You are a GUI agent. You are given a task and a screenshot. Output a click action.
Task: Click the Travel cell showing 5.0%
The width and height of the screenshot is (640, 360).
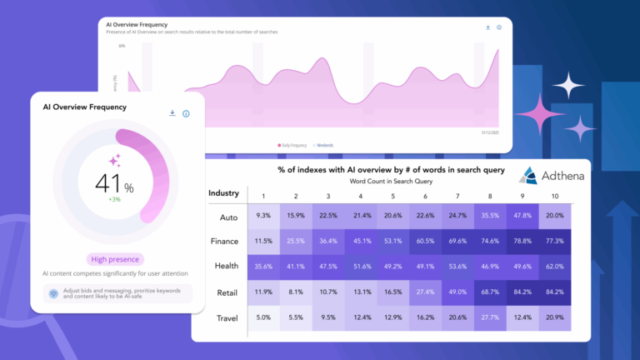click(x=263, y=318)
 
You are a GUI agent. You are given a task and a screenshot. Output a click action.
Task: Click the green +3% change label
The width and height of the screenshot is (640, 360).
click(x=115, y=200)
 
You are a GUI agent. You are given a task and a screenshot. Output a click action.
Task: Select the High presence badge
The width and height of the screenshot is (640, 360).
click(x=114, y=259)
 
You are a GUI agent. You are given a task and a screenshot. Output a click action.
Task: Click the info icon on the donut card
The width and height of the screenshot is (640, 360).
click(x=186, y=113)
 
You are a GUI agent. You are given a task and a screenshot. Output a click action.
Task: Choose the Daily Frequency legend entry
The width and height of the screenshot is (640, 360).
click(x=292, y=145)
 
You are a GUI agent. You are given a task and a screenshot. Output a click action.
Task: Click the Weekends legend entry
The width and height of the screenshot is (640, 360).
click(x=323, y=145)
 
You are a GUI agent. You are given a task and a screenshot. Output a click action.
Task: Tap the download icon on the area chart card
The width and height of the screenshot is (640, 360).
click(x=487, y=27)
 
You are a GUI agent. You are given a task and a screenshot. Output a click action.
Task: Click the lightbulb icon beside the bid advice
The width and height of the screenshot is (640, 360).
click(x=53, y=294)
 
